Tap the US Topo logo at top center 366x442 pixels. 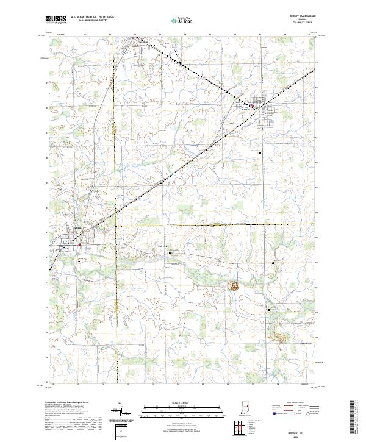[178, 20]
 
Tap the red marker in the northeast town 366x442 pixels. [253, 105]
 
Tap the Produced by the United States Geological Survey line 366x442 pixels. [73, 404]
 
